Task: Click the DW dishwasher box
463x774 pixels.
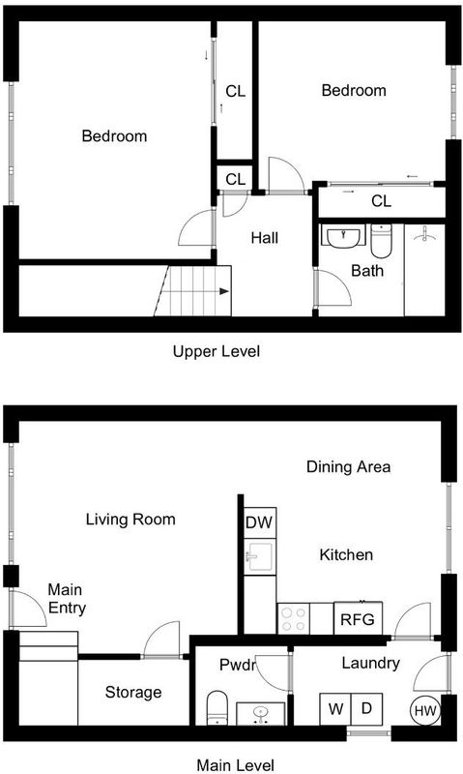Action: click(260, 522)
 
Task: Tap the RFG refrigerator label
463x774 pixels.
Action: click(358, 619)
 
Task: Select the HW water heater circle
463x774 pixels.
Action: click(425, 711)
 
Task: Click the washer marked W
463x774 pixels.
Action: click(335, 709)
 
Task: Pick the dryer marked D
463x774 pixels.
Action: click(366, 709)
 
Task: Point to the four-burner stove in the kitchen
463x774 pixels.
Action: click(294, 618)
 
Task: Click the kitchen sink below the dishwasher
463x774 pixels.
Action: click(260, 557)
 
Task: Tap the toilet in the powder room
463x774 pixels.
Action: click(217, 708)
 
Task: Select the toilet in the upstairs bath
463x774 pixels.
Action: click(381, 240)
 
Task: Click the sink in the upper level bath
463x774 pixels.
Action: click(343, 236)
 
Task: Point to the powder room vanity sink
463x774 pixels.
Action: click(260, 714)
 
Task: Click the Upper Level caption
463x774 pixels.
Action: click(216, 352)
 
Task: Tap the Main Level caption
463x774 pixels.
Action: click(236, 765)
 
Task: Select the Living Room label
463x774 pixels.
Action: click(130, 520)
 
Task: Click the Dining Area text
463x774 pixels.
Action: click(349, 467)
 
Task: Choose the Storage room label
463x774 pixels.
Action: click(133, 693)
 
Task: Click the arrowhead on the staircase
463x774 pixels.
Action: click(224, 291)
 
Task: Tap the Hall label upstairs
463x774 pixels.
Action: click(265, 238)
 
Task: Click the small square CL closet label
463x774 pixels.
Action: click(235, 179)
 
